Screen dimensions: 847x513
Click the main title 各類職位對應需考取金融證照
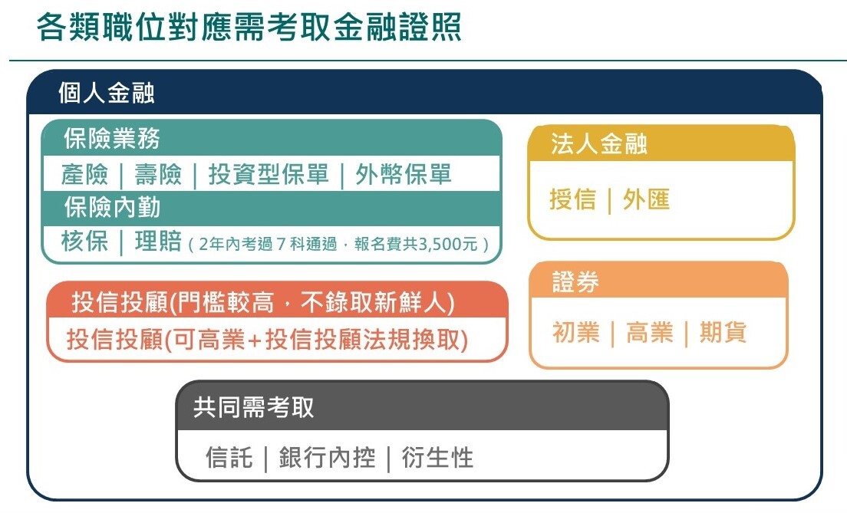(x=249, y=27)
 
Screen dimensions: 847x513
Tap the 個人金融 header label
(x=107, y=93)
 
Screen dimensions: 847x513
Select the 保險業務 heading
(x=112, y=138)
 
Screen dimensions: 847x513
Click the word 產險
(x=84, y=174)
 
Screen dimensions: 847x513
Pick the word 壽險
(x=158, y=174)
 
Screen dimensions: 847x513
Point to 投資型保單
(x=269, y=174)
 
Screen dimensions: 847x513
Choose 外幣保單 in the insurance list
(x=404, y=174)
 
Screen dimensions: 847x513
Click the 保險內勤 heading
(x=112, y=207)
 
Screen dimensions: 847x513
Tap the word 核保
(x=84, y=241)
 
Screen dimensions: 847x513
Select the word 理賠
(x=158, y=241)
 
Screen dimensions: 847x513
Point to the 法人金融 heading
(x=599, y=143)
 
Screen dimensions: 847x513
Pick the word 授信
(x=572, y=199)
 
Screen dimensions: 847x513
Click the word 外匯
(x=646, y=199)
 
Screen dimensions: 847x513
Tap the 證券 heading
(x=575, y=282)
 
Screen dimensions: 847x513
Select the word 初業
(x=576, y=332)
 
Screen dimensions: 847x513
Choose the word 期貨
(x=723, y=332)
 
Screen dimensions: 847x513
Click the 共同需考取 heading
(x=253, y=407)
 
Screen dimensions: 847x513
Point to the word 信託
(x=229, y=457)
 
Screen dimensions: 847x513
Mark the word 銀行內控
(x=327, y=457)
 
